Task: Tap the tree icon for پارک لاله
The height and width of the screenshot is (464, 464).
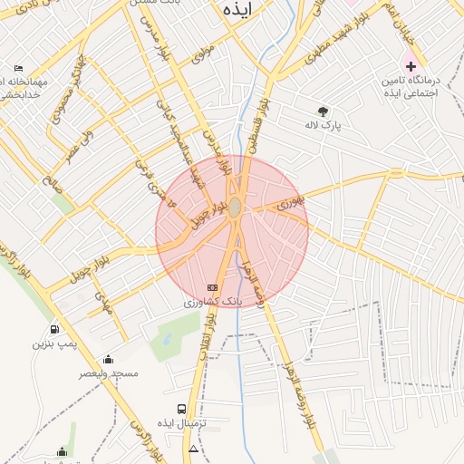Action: point(324,112)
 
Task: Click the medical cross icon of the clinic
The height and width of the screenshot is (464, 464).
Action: point(411,66)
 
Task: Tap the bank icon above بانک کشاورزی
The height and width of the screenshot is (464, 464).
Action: point(213,287)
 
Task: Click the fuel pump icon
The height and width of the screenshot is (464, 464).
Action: point(55,330)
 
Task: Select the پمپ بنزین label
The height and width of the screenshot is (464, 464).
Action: point(51,344)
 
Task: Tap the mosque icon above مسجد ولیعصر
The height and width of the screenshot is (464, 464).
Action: point(109,359)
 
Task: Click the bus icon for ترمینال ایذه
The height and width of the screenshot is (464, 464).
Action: point(182,410)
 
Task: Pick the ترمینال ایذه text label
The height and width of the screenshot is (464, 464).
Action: point(182,424)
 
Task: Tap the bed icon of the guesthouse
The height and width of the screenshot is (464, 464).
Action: point(19,69)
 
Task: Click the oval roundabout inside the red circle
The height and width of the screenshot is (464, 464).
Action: point(235,208)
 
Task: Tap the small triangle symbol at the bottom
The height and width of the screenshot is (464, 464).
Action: point(193,449)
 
